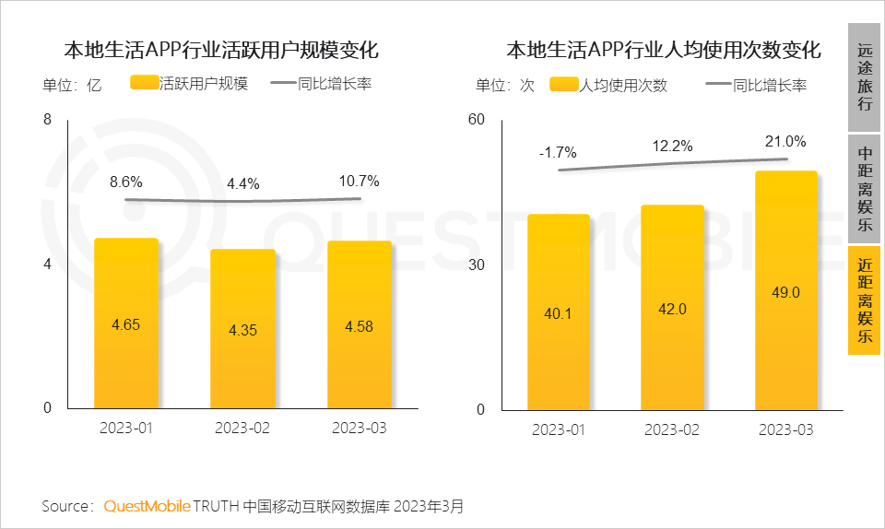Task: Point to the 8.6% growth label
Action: pos(127,182)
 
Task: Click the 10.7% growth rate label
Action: pos(360,181)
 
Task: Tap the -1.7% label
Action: pos(558,152)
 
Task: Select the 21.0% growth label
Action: pos(785,142)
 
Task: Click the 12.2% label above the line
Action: pos(672,146)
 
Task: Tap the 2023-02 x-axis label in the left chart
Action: pos(242,429)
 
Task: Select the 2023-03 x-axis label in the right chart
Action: pos(786,430)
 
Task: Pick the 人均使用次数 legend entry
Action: pos(608,86)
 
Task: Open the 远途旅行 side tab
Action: pos(865,77)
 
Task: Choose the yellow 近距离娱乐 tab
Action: pos(865,300)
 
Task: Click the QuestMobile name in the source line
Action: pos(147,506)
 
